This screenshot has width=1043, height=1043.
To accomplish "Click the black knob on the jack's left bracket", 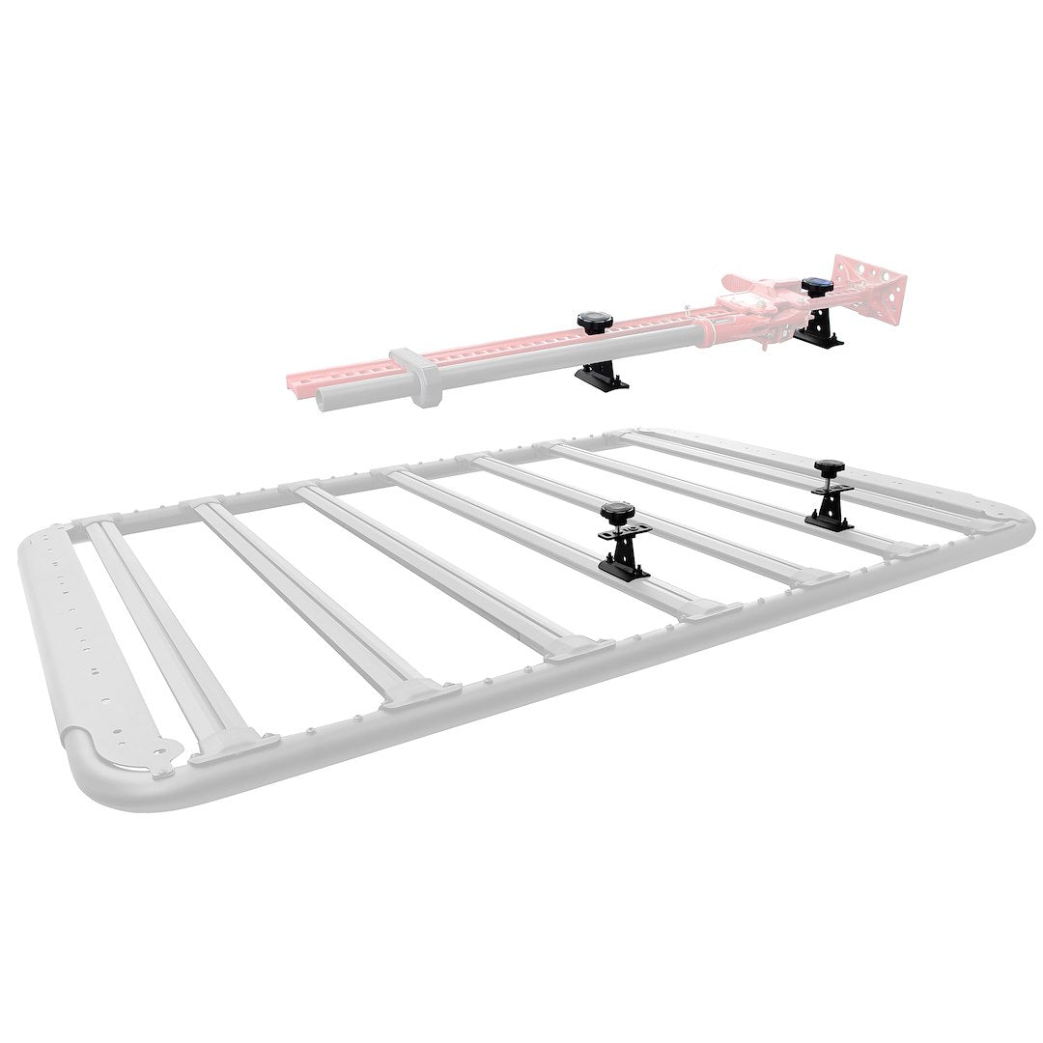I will point(589,321).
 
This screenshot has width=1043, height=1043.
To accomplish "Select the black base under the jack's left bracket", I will point(603,381).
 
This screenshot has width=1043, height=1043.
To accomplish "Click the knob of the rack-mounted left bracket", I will point(613,511).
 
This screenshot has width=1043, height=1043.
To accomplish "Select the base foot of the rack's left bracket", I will point(622,570).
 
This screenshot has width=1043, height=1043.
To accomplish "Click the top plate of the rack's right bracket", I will point(830,492).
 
